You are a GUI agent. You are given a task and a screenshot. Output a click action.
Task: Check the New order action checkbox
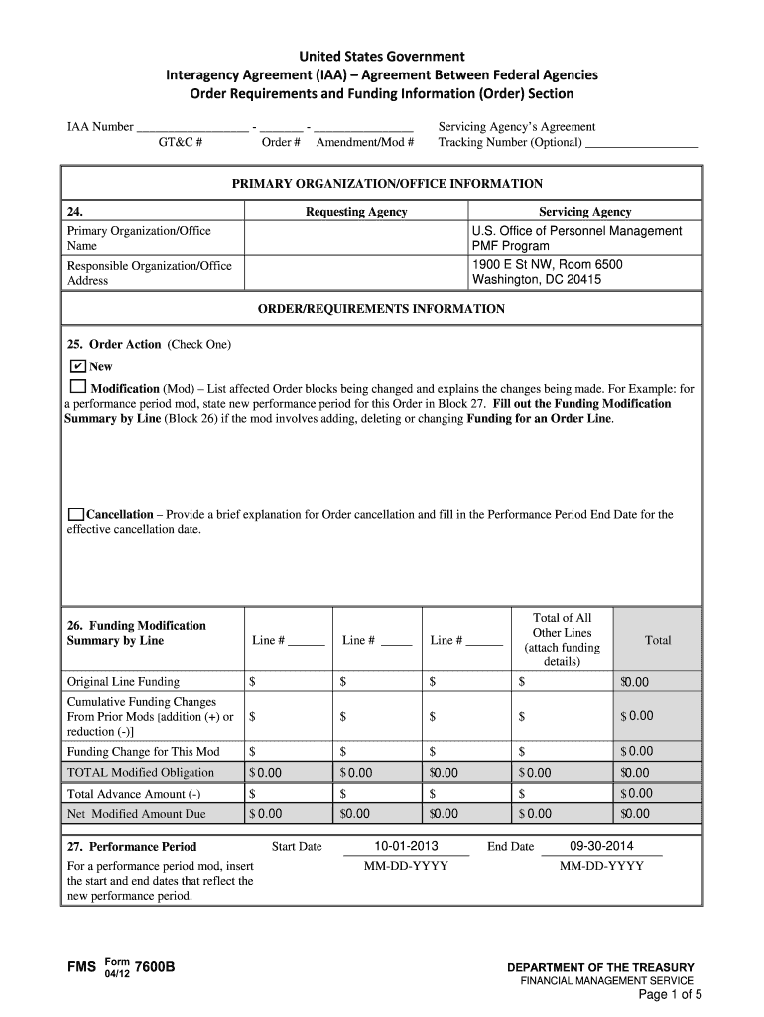[77, 366]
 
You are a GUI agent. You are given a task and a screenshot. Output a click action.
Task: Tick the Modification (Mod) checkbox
[77, 386]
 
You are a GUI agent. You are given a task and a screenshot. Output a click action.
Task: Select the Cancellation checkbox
[76, 514]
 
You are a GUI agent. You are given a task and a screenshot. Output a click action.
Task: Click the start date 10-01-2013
[406, 846]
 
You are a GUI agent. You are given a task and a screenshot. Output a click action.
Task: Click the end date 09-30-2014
[601, 846]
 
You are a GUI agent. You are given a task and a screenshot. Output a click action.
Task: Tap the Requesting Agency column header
[356, 212]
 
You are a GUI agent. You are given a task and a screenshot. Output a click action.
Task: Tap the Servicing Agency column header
[584, 212]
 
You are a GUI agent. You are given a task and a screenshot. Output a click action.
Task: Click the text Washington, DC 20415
[536, 280]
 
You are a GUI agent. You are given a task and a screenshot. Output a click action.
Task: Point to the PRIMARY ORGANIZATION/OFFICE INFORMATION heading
[387, 184]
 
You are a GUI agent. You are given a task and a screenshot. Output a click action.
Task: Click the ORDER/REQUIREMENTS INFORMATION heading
[381, 309]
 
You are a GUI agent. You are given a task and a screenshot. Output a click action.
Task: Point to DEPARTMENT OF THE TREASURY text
[600, 967]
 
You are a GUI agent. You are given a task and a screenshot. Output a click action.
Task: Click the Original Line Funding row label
[123, 682]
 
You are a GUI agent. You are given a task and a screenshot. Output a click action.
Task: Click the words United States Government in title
[382, 56]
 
